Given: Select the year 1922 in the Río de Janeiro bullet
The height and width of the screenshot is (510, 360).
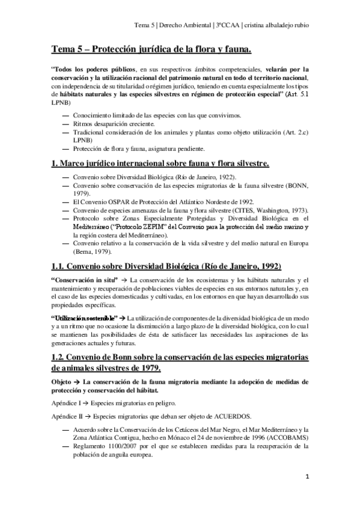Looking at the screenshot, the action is (224, 176).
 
